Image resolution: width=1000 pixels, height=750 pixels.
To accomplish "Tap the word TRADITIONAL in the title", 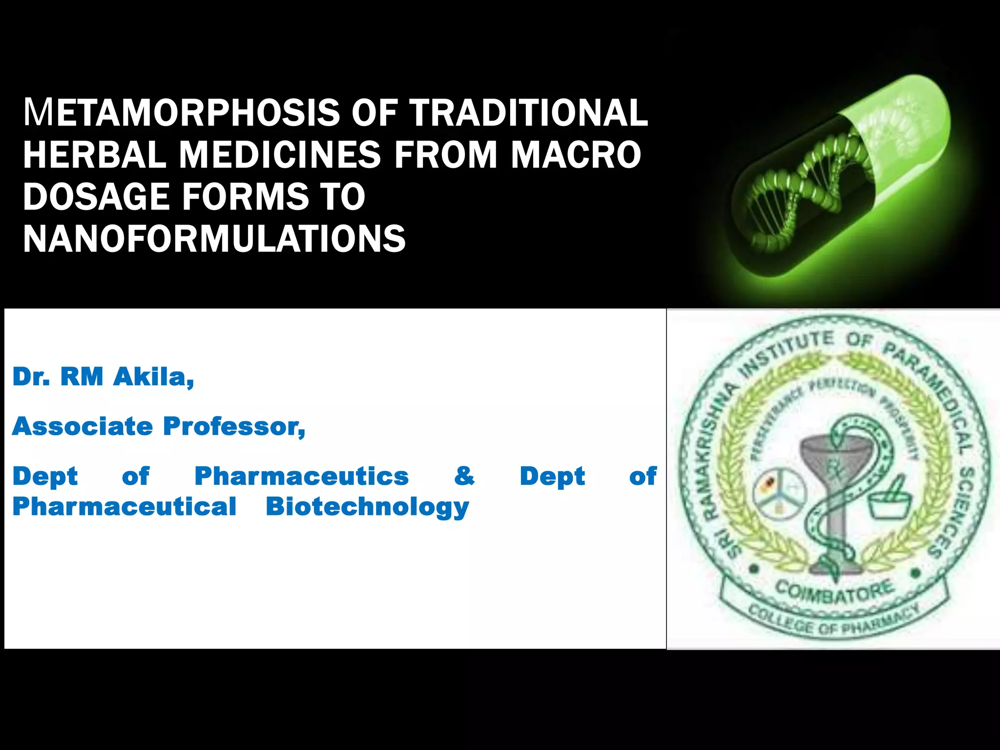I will click(529, 112).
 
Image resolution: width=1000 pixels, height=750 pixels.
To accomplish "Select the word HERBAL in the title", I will click(94, 154).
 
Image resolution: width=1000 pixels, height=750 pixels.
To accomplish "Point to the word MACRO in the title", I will click(576, 154).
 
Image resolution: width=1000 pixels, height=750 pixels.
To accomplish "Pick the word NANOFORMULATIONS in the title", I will click(214, 239).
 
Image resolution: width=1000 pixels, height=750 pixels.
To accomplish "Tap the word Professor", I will click(234, 426).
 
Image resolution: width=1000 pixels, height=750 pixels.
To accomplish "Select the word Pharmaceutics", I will click(301, 476).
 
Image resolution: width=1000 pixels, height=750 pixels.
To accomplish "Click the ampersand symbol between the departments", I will click(464, 476).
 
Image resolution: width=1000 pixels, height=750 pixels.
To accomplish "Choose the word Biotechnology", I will click(367, 507).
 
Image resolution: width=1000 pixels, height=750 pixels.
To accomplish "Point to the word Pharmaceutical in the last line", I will click(124, 506).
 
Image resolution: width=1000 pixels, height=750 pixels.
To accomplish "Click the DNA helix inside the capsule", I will click(811, 186).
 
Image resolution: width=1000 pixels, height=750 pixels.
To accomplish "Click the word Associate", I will click(83, 426).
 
